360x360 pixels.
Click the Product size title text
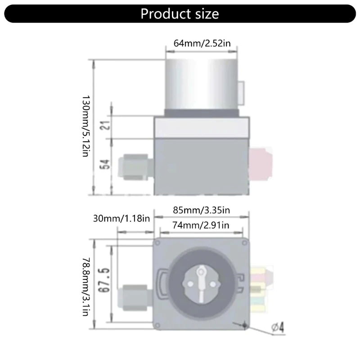click(x=180, y=14)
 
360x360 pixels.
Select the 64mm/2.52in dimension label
click(x=202, y=43)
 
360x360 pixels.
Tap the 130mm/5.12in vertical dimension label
click(x=85, y=126)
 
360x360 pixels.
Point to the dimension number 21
click(x=105, y=125)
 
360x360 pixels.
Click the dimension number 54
click(x=105, y=164)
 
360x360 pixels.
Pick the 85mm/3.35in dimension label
click(x=201, y=210)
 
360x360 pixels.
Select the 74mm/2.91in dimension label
click(x=201, y=225)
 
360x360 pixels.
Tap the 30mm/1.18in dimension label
click(x=121, y=218)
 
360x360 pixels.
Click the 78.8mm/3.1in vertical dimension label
click(x=85, y=287)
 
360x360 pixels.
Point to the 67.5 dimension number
click(x=104, y=280)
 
